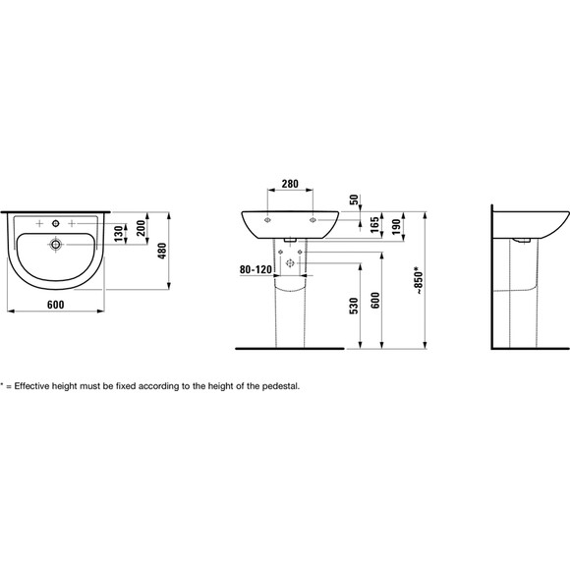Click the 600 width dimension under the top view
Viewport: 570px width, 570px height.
point(55,305)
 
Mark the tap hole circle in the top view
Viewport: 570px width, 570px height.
point(56,224)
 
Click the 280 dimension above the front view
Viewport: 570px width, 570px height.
point(290,184)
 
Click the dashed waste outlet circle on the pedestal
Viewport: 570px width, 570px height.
point(290,261)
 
